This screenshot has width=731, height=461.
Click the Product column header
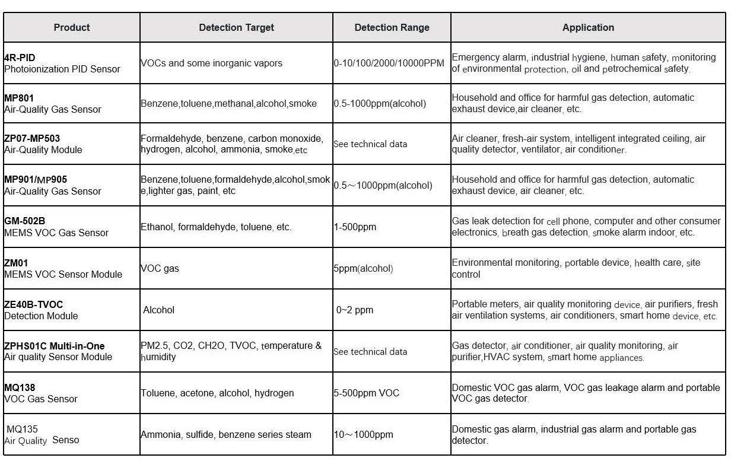click(x=72, y=27)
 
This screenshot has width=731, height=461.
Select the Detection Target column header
click(x=236, y=27)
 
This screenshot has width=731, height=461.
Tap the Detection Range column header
click(x=392, y=27)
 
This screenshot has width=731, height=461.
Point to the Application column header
click(x=588, y=27)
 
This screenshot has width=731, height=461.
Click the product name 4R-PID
click(x=20, y=58)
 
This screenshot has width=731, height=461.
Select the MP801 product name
click(x=20, y=98)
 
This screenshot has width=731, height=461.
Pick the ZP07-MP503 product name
click(x=32, y=139)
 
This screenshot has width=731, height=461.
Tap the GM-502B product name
click(x=24, y=221)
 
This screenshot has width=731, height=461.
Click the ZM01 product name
click(x=16, y=263)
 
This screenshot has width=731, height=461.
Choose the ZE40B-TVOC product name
click(x=34, y=304)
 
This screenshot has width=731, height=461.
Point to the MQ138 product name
click(x=20, y=387)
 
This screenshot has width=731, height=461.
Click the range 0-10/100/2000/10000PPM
click(x=389, y=63)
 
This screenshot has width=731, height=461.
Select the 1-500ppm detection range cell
click(x=355, y=227)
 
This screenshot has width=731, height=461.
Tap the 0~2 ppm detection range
click(x=355, y=310)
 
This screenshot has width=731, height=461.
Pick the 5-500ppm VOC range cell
click(x=367, y=393)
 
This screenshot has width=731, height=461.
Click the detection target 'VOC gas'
click(x=160, y=268)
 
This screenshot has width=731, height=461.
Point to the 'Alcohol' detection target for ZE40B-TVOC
click(x=159, y=310)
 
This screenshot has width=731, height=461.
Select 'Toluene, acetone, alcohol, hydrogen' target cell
click(x=217, y=393)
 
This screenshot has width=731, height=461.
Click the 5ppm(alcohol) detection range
click(x=363, y=268)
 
